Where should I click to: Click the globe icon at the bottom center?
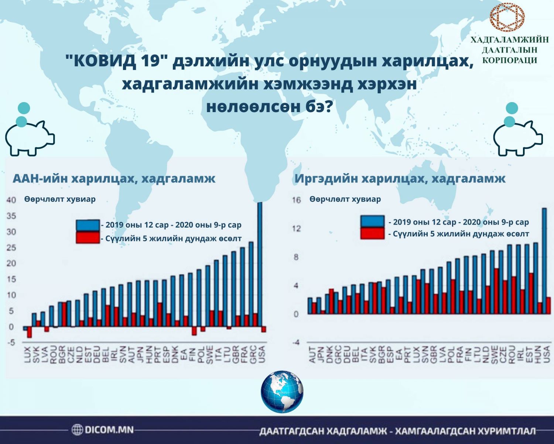(282, 392)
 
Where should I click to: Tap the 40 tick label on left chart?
(11, 200)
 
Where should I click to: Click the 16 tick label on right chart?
(297, 200)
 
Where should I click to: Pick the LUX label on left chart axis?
(27, 354)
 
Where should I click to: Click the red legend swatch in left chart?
(88, 238)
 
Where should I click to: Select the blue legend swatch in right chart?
(372, 221)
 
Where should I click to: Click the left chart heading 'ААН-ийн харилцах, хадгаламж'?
(114, 179)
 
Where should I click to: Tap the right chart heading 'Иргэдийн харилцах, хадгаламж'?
(400, 179)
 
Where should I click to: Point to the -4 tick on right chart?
(296, 343)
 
